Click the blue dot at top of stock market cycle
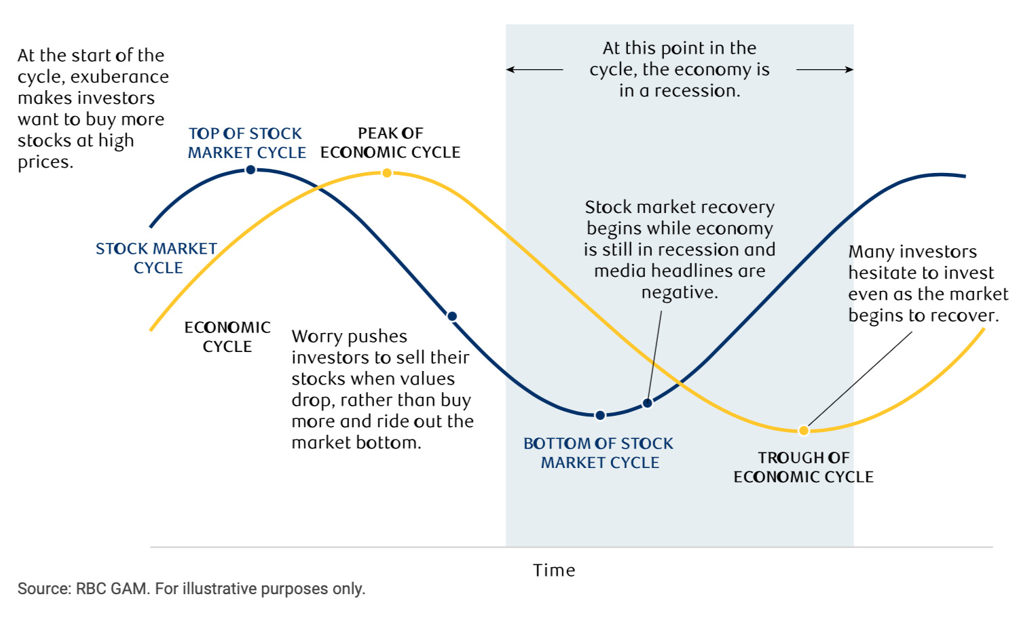(251, 170)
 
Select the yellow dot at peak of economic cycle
(387, 173)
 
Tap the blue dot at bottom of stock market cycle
(600, 416)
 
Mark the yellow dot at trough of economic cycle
(804, 431)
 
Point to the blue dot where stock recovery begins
(648, 404)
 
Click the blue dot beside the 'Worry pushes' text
(452, 316)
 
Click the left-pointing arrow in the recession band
(534, 70)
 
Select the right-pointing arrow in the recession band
(825, 70)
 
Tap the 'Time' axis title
(555, 570)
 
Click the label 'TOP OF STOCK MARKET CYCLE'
(247, 143)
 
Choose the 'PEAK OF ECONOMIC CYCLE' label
(390, 142)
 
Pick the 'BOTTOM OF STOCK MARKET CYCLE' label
(599, 453)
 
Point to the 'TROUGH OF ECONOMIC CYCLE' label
(804, 467)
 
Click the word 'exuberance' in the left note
(119, 77)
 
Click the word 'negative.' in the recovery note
(680, 293)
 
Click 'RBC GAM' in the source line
(111, 589)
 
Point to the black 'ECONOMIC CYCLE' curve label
(227, 336)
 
